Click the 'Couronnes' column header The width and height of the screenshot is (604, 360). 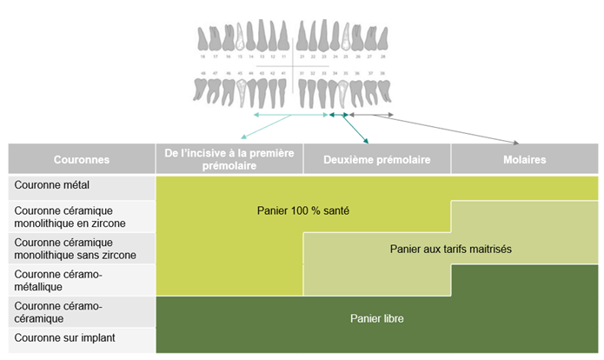[82, 160]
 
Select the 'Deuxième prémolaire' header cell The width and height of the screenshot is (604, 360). [376, 160]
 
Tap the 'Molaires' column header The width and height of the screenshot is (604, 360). [524, 160]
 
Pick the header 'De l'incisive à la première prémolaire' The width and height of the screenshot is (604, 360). [229, 159]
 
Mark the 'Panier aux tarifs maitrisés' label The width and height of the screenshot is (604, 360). [451, 250]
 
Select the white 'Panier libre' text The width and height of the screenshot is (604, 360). [376, 318]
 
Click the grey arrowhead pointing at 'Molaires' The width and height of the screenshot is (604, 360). [518, 143]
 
